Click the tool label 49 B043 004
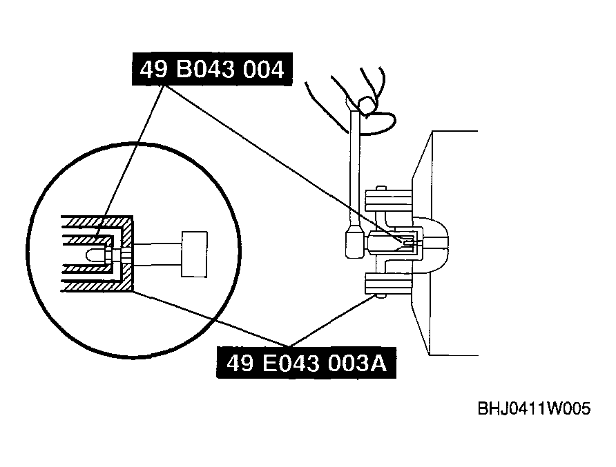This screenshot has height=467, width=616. click(212, 69)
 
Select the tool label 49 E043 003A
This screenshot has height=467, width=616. click(307, 363)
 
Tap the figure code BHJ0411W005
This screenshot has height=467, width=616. click(534, 408)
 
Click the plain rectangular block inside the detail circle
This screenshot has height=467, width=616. click(194, 255)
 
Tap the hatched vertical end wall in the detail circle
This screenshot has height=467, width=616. click(127, 254)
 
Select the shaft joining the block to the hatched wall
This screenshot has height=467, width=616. click(157, 255)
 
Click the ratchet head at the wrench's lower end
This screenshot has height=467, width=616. click(355, 243)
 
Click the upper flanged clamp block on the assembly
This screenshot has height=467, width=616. click(389, 201)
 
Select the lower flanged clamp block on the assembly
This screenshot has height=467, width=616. click(389, 284)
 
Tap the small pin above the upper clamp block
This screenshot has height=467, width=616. click(381, 188)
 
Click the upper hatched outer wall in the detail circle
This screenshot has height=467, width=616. click(97, 221)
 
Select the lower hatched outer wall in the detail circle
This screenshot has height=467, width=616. click(97, 286)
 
